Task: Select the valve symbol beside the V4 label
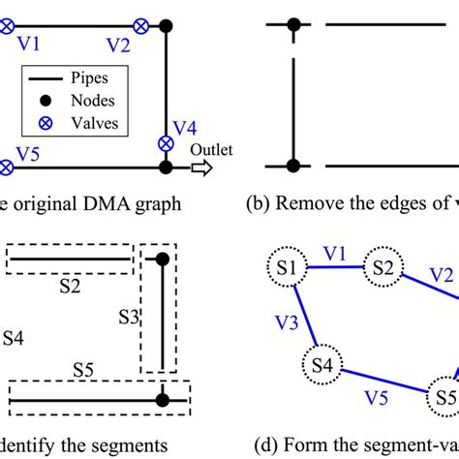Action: [x=166, y=143]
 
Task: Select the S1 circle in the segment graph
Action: [x=287, y=265]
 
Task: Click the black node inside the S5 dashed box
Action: [x=163, y=398]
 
